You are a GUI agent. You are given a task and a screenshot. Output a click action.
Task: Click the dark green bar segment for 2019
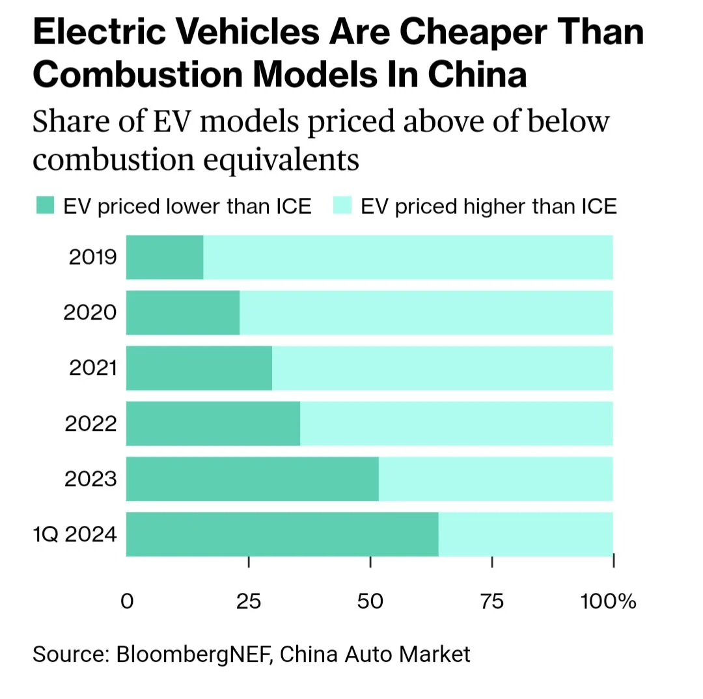coord(165,257)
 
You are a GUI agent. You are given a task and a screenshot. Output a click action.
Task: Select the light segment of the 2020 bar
coord(426,312)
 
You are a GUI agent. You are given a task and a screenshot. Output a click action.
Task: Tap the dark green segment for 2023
coord(252,479)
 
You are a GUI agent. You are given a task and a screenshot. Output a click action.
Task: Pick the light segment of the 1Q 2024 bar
coord(526,534)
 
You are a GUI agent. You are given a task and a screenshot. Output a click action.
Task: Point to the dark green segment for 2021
coord(199,368)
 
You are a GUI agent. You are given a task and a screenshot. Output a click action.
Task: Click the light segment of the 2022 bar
coord(456,424)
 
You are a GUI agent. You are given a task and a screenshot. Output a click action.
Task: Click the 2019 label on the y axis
coord(92,257)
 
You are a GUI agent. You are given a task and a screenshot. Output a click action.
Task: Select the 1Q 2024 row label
coord(75,535)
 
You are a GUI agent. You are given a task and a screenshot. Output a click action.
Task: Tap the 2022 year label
coord(90,424)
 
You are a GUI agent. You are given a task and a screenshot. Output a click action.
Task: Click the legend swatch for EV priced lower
coord(46,206)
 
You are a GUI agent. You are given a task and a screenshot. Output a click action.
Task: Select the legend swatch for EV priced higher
coord(342,206)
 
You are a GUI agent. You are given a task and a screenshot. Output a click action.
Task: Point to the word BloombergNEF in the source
coord(194,653)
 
